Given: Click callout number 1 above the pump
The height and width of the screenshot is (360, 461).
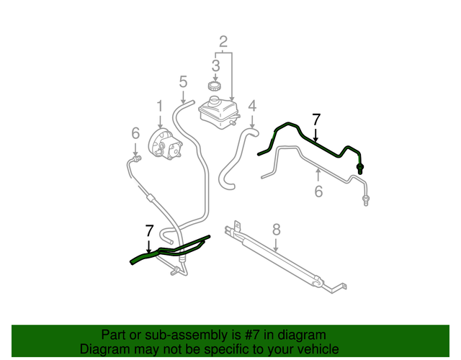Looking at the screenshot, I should point(160,107).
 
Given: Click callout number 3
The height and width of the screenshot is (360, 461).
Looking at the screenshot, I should point(215,66).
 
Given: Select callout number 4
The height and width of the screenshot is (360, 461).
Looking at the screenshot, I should point(252,107).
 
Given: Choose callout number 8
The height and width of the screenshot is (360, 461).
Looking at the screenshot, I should point(275,230).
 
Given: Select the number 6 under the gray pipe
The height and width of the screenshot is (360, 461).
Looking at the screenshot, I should point(318,191).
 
